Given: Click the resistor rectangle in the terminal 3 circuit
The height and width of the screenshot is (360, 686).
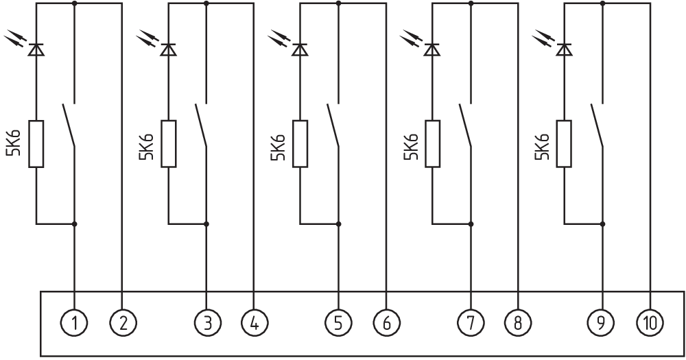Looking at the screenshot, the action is (169, 144).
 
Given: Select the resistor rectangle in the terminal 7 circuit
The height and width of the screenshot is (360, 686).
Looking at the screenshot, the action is (433, 144).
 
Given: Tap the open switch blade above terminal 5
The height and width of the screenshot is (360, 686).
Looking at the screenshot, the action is (333, 125).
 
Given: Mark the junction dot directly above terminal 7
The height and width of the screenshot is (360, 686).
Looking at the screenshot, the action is (471, 224).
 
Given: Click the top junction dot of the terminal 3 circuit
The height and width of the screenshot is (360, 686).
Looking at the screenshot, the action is (206, 3).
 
